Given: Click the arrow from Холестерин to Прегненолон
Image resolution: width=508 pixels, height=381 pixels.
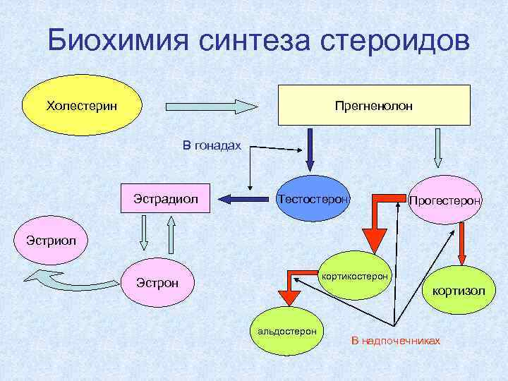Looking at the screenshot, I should tap(212, 107).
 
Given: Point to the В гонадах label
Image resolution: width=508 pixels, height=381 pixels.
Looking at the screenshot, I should tap(212, 145).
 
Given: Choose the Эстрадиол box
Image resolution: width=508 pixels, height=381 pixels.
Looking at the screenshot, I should tap(167, 198).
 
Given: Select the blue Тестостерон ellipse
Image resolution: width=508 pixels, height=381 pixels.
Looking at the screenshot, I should tap(313, 200).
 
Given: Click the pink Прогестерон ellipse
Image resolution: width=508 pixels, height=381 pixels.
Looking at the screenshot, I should tap(445, 202).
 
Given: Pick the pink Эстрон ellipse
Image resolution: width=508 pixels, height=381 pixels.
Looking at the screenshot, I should tap(157, 284).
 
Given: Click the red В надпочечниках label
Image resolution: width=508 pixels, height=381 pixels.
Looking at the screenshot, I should tap(396, 341).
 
